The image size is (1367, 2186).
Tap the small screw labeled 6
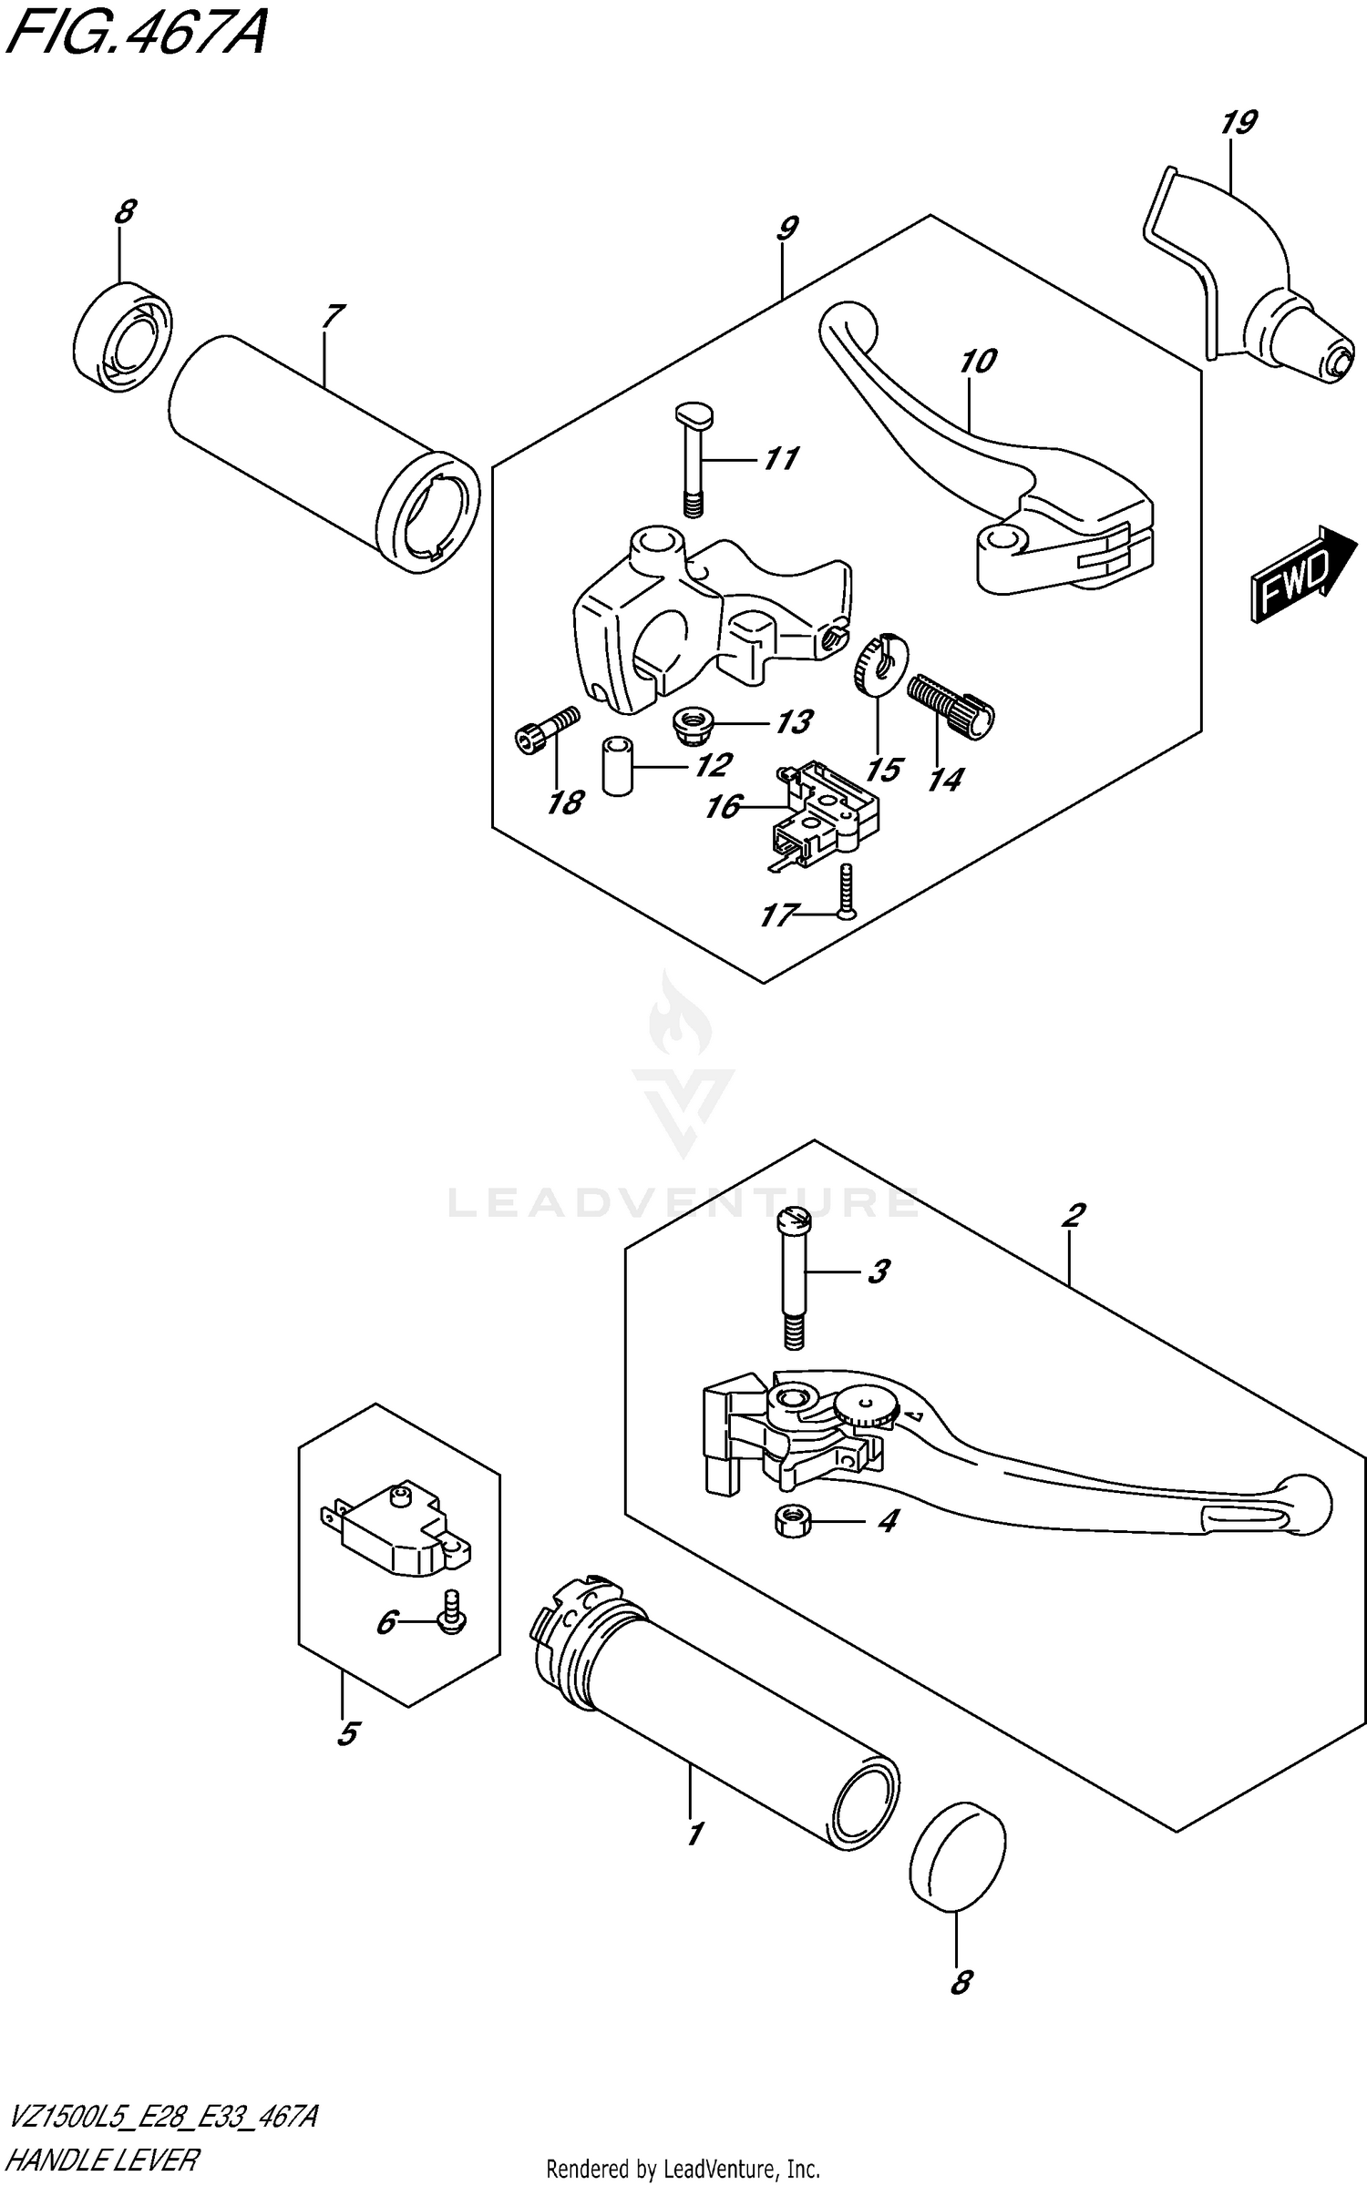(452, 1620)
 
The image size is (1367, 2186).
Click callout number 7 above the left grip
(333, 316)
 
